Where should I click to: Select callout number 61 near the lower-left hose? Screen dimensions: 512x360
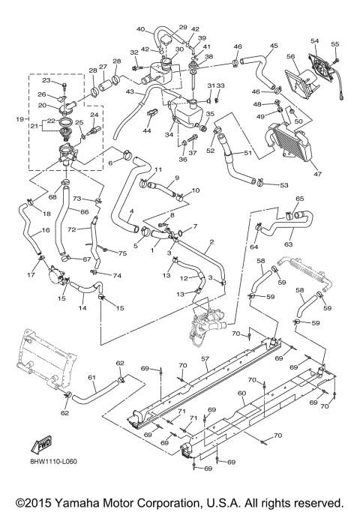(92, 377)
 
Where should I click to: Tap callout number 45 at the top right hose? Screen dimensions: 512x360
(273, 45)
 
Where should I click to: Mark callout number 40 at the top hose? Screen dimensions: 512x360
(140, 29)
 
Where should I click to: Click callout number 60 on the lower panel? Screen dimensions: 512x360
(241, 393)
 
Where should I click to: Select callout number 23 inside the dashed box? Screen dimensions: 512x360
(46, 80)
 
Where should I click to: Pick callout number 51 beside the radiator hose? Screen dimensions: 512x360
(248, 154)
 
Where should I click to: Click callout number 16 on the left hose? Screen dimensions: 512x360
(24, 232)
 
